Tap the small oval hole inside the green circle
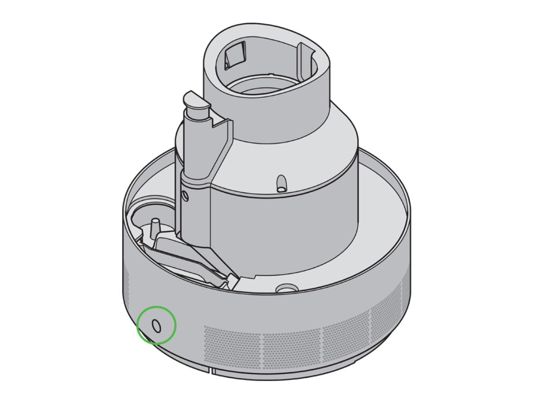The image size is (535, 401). coord(157,326)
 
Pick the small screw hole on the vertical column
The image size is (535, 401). coord(186,197)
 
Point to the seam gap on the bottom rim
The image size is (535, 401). coord(212,371)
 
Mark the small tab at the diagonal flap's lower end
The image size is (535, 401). coord(231,280)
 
